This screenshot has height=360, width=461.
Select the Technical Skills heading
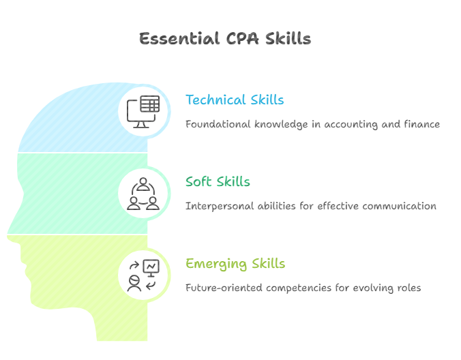tap(235, 100)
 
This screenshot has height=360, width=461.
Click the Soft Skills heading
tap(218, 182)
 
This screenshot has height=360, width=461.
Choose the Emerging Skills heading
tap(235, 264)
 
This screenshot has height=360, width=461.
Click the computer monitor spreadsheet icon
tap(144, 111)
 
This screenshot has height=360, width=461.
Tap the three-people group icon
tap(144, 193)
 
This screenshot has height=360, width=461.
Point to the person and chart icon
tap(144, 275)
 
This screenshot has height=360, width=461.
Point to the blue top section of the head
tap(82, 123)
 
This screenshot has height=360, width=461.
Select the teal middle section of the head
tap(68, 194)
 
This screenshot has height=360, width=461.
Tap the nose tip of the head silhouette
tap(8, 230)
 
